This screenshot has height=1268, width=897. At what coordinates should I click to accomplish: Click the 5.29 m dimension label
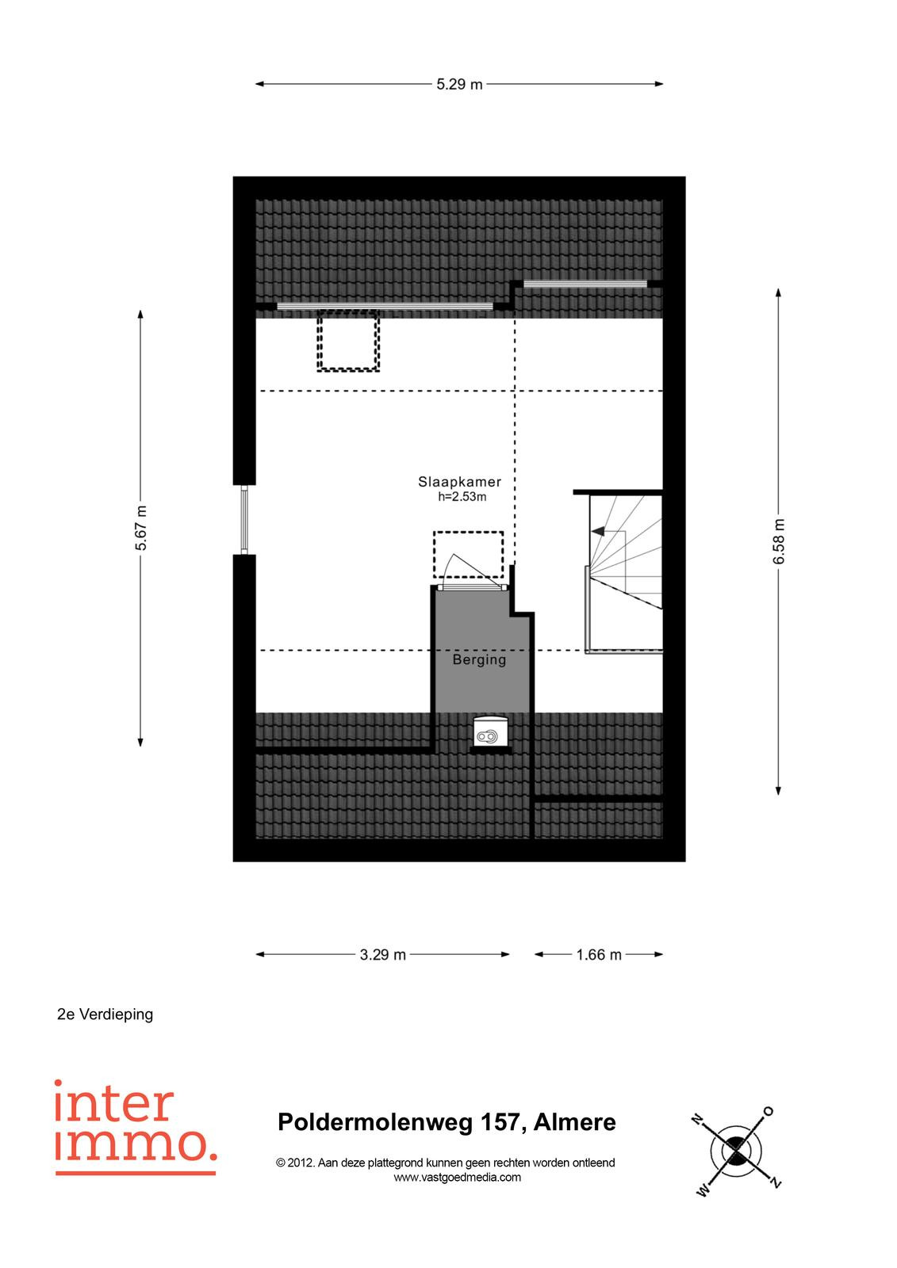point(458,84)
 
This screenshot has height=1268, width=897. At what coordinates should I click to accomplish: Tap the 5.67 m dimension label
point(140,528)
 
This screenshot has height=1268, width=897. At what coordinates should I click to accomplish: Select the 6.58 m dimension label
point(778,541)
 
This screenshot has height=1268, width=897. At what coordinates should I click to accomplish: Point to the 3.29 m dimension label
point(382,955)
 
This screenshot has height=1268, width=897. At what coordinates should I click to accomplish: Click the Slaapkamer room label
point(459,482)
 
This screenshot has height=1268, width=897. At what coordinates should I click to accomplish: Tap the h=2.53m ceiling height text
point(462,497)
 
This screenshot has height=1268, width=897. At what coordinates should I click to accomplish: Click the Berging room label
point(479,659)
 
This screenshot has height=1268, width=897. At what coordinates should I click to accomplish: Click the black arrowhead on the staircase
point(597,532)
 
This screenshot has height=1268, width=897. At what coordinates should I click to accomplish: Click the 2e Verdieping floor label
point(105,1030)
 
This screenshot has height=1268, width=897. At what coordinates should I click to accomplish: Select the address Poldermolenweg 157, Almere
point(447,1122)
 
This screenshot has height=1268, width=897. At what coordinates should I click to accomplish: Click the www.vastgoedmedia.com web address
point(457,1178)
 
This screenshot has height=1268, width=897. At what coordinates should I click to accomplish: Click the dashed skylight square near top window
point(348,340)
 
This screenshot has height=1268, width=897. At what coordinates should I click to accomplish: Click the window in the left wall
point(244,520)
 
